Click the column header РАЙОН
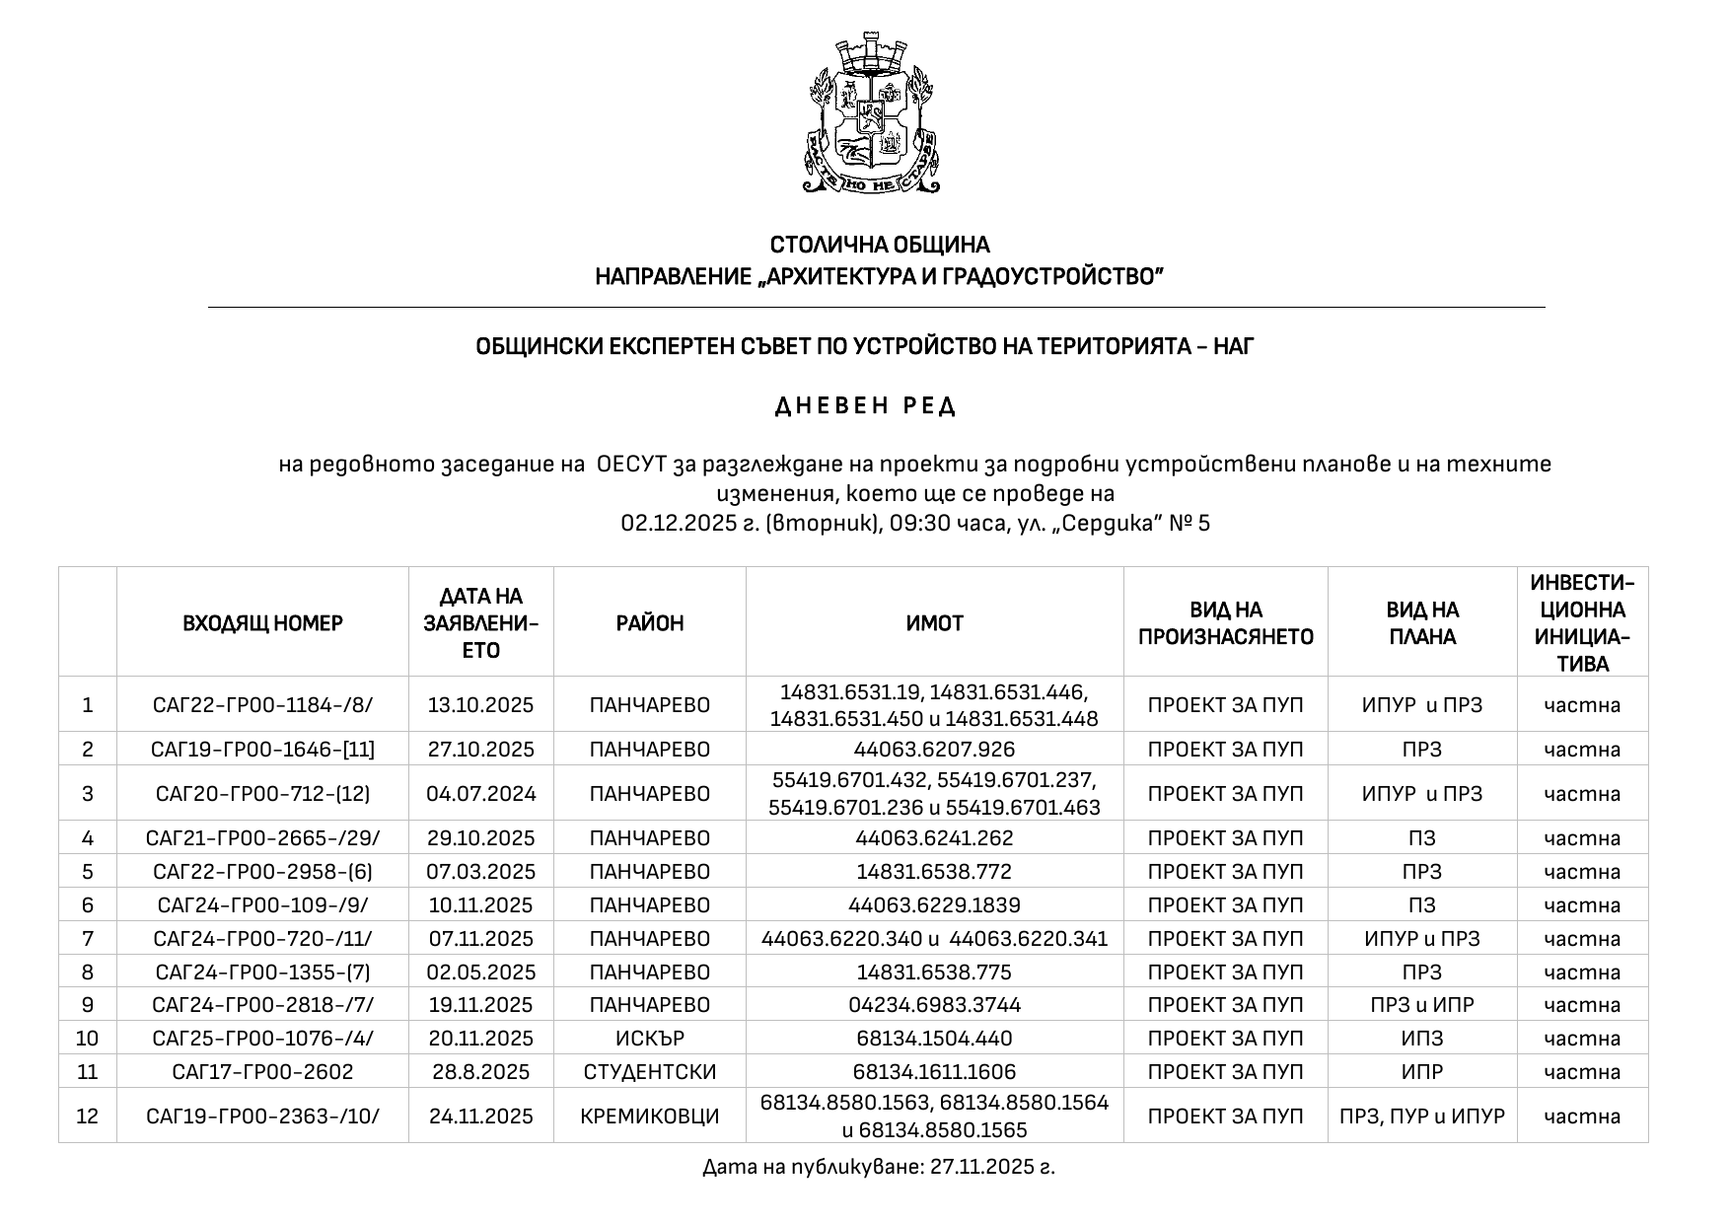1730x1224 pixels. click(x=649, y=623)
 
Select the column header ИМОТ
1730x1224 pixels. click(x=934, y=623)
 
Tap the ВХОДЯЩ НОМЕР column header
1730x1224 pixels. click(x=262, y=623)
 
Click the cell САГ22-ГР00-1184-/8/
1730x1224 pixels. click(x=262, y=705)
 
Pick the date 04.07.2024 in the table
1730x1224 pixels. click(x=480, y=794)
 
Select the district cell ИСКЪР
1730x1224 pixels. click(x=649, y=1039)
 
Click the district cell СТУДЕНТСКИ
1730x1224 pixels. click(x=649, y=1072)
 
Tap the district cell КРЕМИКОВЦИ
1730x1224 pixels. click(x=649, y=1116)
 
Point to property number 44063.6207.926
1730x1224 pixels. click(x=934, y=750)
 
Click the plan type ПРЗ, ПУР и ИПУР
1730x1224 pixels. click(x=1421, y=1116)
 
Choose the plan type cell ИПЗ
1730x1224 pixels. click(x=1421, y=1039)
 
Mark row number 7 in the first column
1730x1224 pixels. click(x=88, y=939)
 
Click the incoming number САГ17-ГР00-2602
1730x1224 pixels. click(x=262, y=1072)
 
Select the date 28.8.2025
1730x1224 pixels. click(x=480, y=1072)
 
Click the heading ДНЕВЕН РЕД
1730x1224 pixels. click(x=865, y=406)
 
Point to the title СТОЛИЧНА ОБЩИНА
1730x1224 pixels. click(x=879, y=245)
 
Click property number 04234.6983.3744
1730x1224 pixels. click(x=934, y=1005)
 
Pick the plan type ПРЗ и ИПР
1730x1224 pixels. click(x=1421, y=1005)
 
